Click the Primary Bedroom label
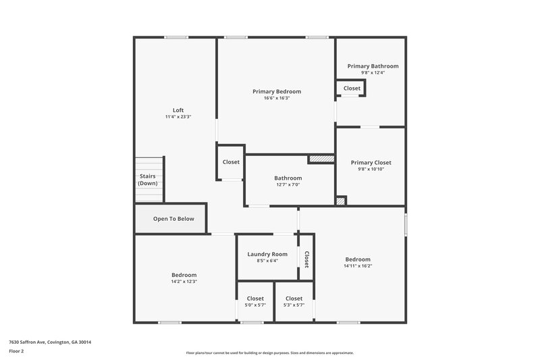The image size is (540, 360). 277,91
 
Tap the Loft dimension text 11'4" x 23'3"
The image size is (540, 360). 178,117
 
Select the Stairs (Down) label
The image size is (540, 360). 147,180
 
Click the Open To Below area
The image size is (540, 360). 173,219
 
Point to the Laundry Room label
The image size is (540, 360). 267,254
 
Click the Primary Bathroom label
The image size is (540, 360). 373,66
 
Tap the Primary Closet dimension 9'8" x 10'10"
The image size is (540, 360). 371,170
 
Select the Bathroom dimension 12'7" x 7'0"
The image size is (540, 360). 288,184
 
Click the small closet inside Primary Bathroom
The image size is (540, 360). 352,88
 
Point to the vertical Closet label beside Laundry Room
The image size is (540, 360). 306,259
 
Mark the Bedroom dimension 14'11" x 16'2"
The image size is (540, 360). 358,266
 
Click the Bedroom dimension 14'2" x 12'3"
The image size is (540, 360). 184,282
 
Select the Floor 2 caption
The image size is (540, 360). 16,351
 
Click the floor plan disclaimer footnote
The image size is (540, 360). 269,353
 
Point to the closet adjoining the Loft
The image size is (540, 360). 231,162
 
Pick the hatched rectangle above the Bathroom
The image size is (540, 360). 321,159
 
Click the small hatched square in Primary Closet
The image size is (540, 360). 341,201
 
